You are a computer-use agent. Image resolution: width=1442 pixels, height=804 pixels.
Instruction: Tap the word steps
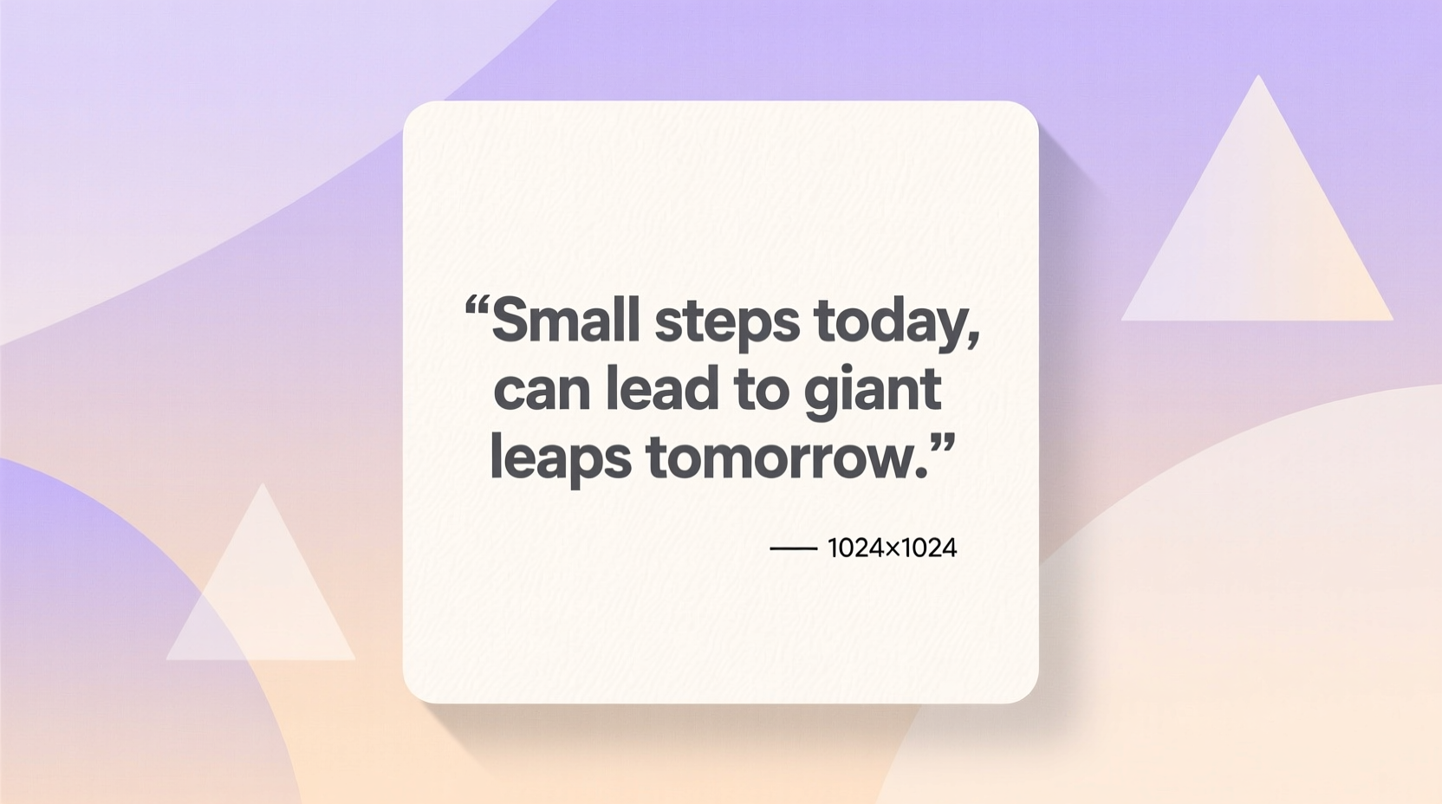point(726,323)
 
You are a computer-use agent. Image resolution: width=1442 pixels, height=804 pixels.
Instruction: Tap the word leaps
point(560,458)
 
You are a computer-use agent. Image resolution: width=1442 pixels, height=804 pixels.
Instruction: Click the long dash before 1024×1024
point(793,548)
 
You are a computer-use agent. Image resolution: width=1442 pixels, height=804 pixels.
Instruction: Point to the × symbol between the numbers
point(892,549)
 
